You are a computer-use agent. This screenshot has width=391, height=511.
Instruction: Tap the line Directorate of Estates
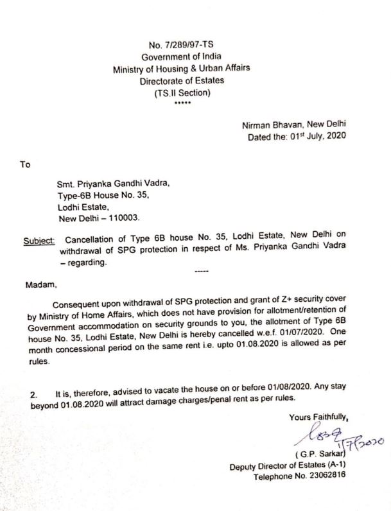pos(186,82)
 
